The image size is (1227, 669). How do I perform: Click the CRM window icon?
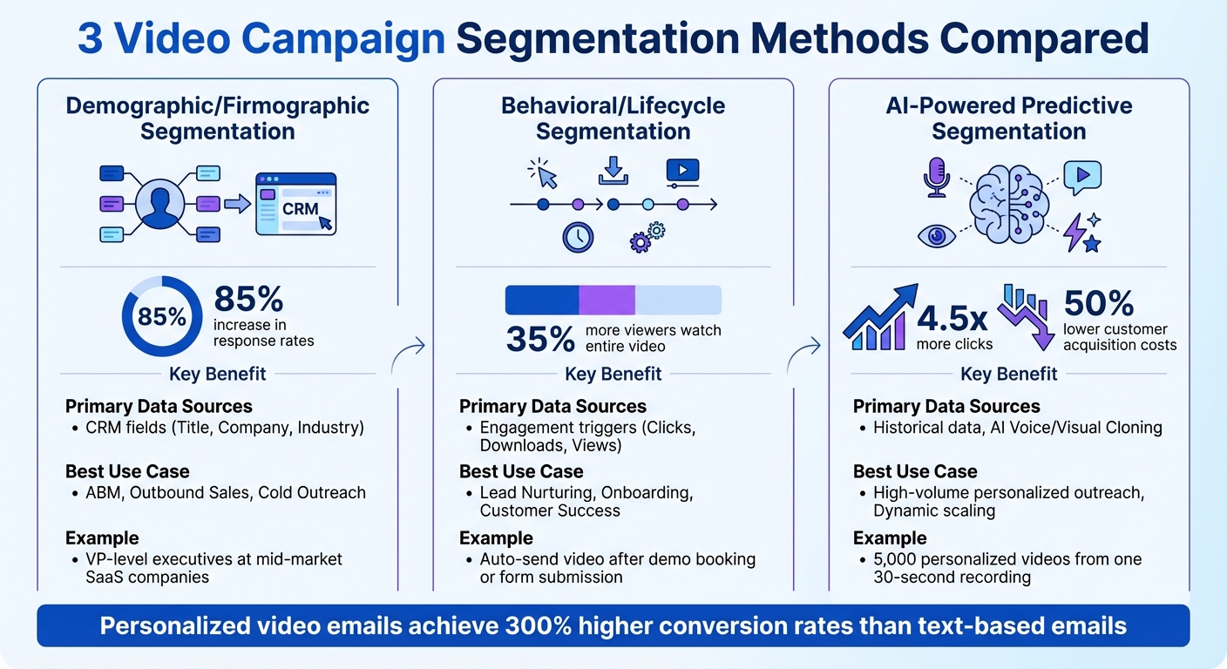point(295,204)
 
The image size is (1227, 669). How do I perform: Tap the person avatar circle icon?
point(159,204)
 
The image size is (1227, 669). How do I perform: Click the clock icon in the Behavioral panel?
point(578,237)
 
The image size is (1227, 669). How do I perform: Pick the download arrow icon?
point(613,170)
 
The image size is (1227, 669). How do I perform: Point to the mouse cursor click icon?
point(544,173)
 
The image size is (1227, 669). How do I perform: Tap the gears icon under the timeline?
point(647,237)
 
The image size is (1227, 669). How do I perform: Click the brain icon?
point(1008,205)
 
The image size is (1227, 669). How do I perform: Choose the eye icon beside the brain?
point(936,235)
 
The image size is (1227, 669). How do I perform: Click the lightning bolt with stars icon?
point(1082,233)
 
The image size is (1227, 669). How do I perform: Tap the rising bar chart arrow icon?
point(880,317)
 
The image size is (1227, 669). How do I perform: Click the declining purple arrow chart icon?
point(1025,314)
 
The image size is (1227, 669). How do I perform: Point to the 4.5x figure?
point(954,316)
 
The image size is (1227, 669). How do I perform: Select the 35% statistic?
point(540,339)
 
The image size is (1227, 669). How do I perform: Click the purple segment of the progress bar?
point(607,300)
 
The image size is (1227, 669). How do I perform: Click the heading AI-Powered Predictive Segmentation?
point(1008,118)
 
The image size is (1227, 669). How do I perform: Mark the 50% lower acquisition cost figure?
point(1098,303)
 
